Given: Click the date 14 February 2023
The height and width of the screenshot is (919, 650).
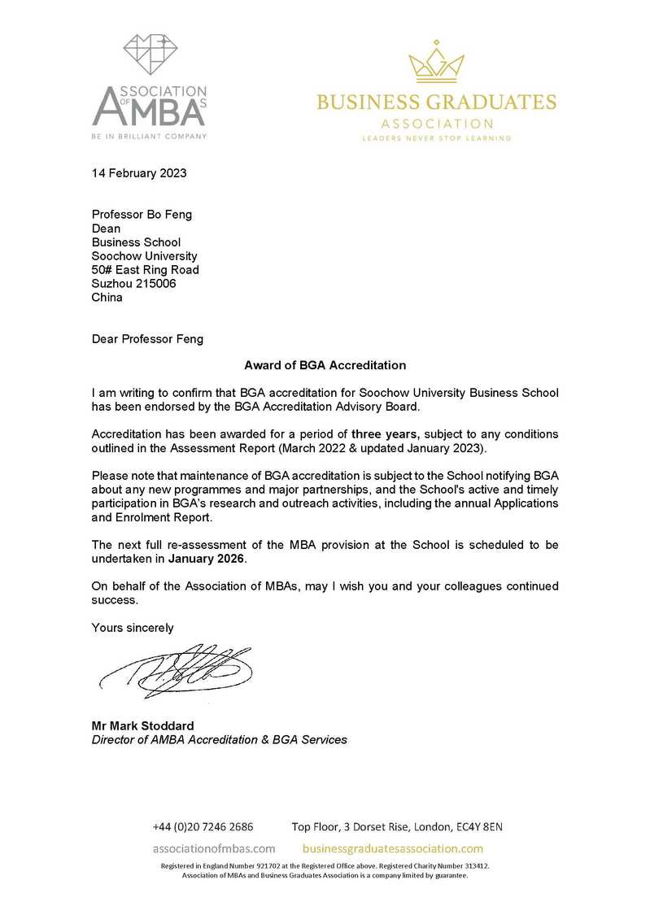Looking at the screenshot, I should point(139,172).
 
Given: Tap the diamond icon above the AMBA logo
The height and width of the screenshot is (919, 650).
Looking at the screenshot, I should point(150,54).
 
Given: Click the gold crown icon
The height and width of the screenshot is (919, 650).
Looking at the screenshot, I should point(435,63).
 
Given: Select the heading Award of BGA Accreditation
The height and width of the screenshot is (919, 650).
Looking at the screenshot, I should point(325,365).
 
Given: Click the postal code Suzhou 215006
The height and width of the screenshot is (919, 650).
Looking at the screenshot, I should point(134,283).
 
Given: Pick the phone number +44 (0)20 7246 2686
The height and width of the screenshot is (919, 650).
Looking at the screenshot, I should point(203,826).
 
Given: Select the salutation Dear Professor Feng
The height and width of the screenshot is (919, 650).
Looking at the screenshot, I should point(147,340).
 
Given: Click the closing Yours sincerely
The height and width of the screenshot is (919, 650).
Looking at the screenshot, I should point(133,627).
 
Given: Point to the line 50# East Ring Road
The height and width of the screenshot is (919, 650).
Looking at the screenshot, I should point(146,269).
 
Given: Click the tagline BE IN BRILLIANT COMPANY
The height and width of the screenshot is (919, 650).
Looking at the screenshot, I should point(149,136).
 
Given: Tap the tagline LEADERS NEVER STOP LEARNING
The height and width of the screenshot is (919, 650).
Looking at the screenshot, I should point(436,138).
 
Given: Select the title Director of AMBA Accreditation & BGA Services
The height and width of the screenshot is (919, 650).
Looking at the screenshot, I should point(219,739).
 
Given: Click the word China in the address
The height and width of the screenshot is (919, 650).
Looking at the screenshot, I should point(107,297).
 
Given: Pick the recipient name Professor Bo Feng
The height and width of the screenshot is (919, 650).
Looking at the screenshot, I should point(142,215).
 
